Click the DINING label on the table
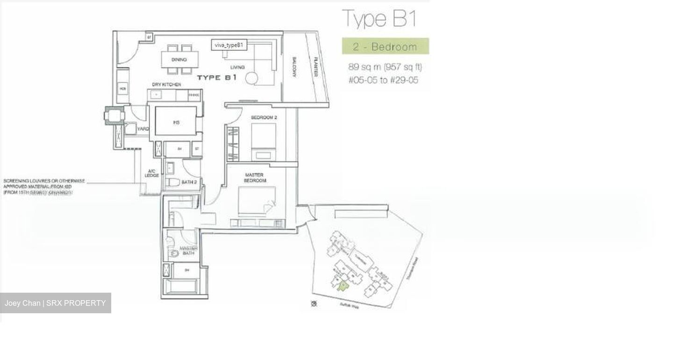tap(179, 60)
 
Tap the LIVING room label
tap(237, 67)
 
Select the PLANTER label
tap(316, 66)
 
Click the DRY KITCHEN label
tap(166, 85)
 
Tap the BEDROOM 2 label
tap(264, 117)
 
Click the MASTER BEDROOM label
tap(255, 178)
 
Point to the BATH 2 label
tap(189, 182)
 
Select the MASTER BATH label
tap(188, 251)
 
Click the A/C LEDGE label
tap(152, 173)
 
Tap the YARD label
tap(143, 129)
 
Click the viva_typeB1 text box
tap(229, 45)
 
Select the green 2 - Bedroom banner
tap(385, 46)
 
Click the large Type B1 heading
tap(379, 19)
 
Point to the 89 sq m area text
tap(385, 67)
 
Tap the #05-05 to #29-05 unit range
tap(383, 80)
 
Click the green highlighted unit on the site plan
tap(343, 286)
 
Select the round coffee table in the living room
tap(251, 79)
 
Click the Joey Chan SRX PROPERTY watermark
tap(56, 303)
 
